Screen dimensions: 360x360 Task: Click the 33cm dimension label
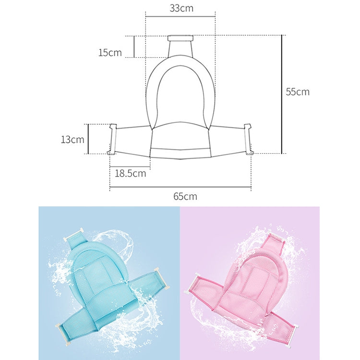pos(181,8)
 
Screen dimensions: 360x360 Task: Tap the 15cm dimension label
pos(110,53)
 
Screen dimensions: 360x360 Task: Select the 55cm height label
pos(298,92)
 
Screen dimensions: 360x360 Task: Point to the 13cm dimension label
pos(72,140)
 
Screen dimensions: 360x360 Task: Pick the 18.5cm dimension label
pos(130,173)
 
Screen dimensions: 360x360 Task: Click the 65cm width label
pos(185,196)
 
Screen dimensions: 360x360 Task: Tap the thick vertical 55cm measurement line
pos(282,95)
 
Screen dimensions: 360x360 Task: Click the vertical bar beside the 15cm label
pos(134,47)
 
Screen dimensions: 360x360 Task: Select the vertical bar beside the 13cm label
pos(88,139)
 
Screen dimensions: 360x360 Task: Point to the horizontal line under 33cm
pos(180,16)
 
